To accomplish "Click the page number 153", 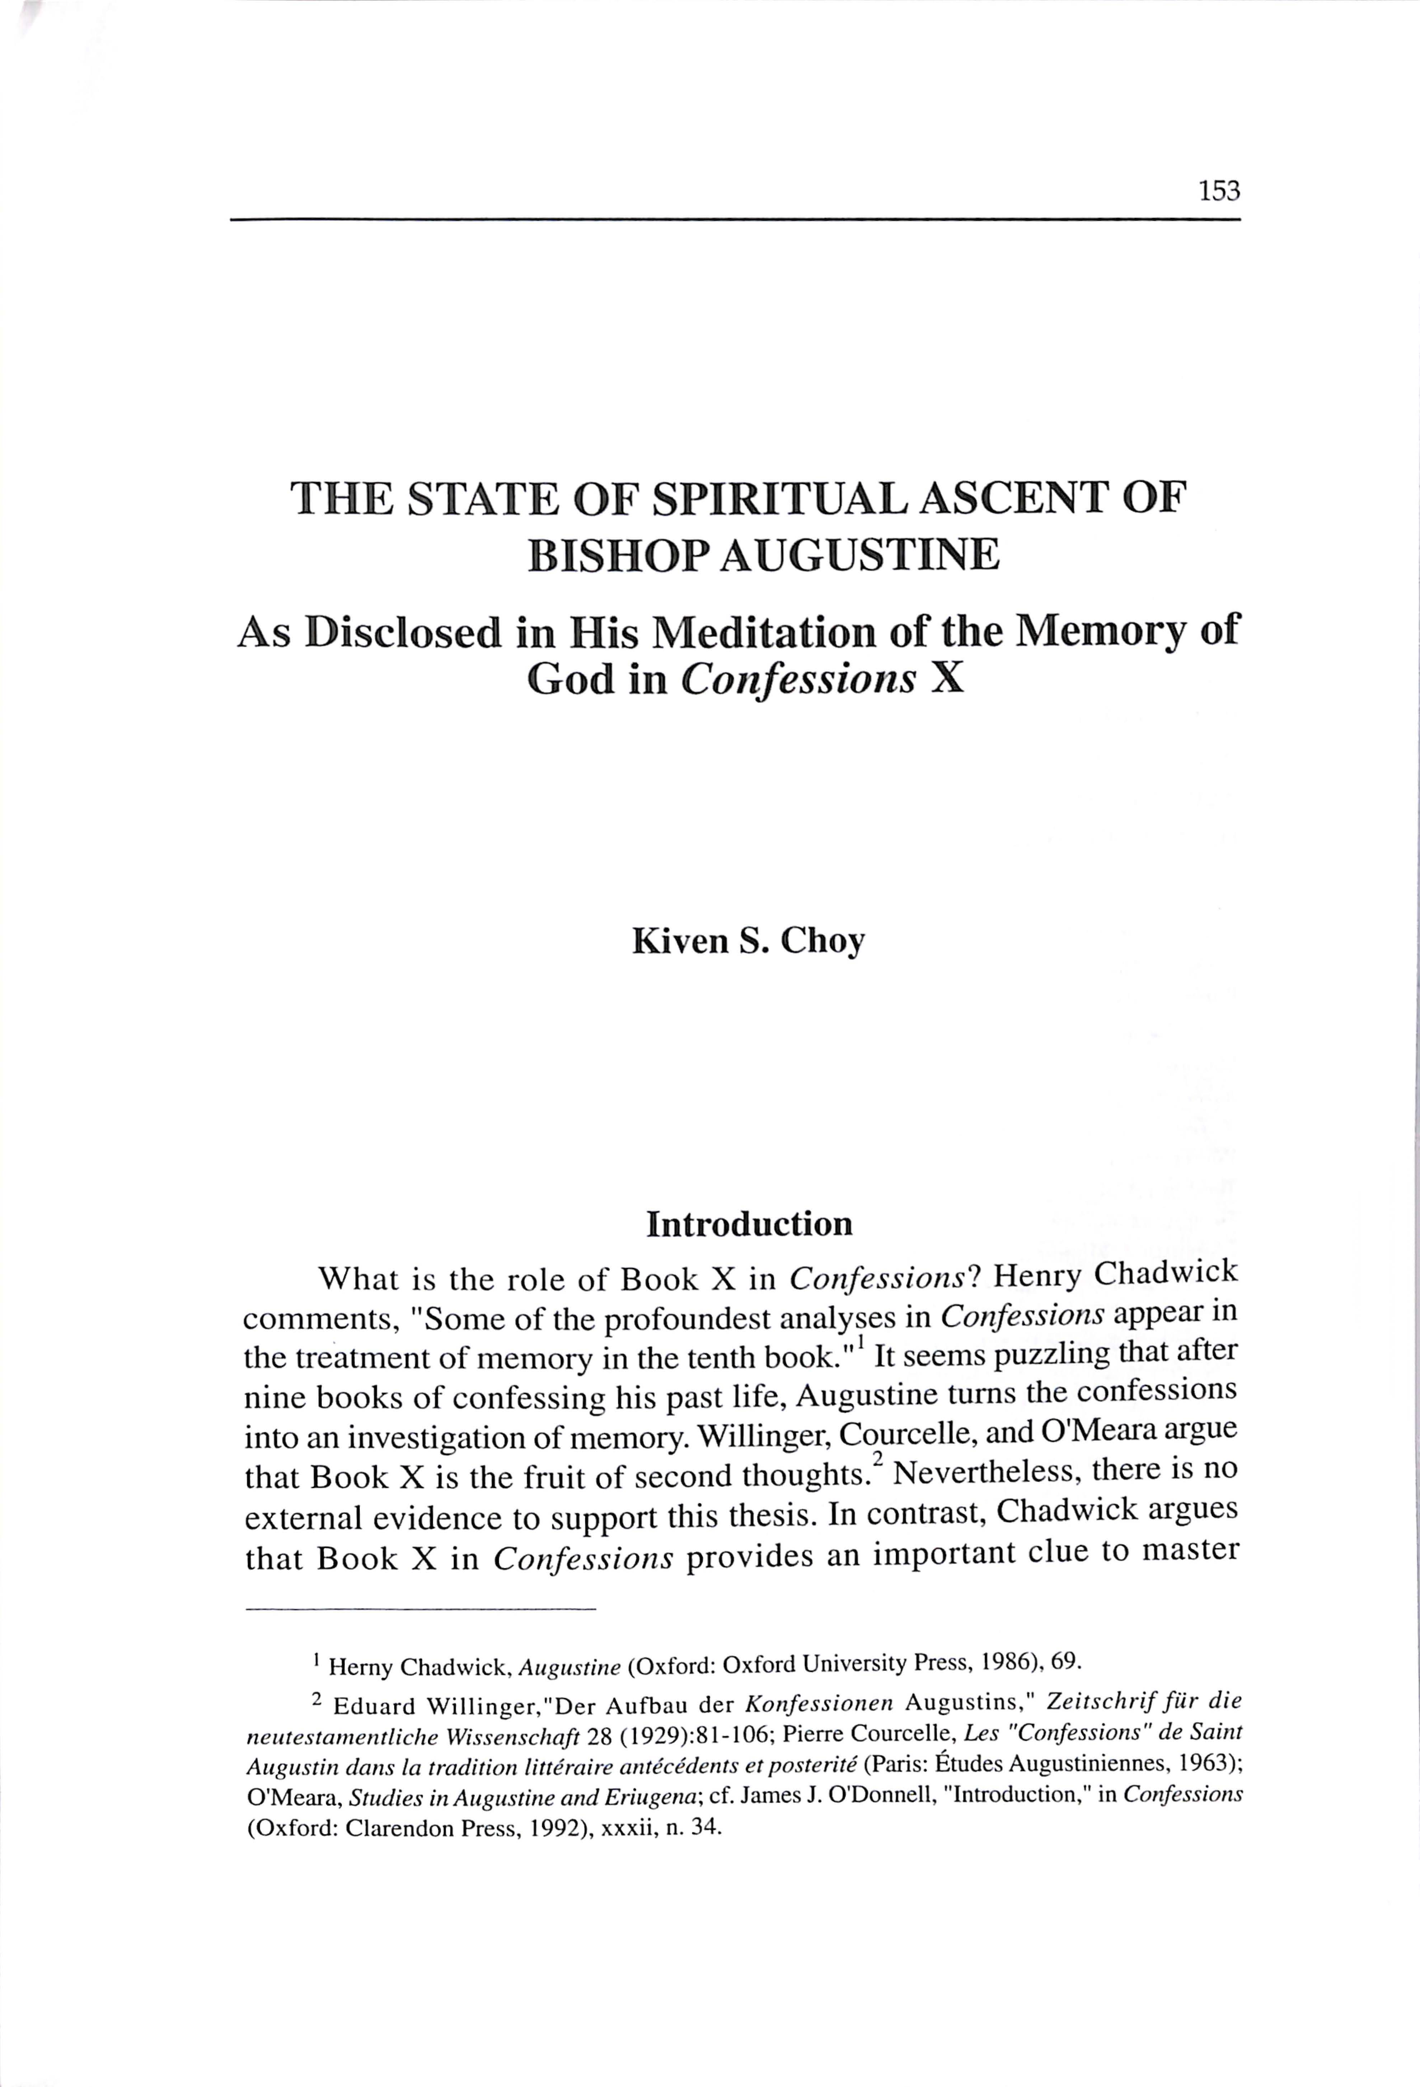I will click(x=1218, y=191).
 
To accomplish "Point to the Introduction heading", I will click(x=749, y=1224).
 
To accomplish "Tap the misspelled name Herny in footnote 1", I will click(x=360, y=1668).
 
